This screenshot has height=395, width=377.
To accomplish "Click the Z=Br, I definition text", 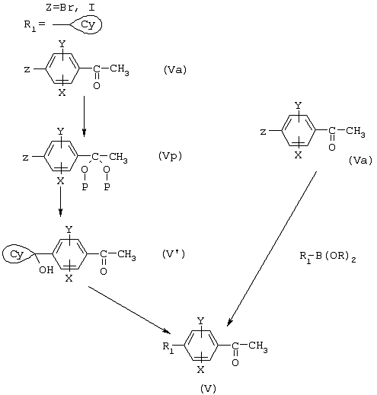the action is (70, 8).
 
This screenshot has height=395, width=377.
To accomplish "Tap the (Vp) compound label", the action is (170, 156).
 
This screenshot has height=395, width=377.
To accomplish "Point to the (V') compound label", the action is (174, 254).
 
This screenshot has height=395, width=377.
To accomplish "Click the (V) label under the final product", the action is (208, 388).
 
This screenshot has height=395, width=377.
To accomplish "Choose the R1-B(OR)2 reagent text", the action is (327, 257).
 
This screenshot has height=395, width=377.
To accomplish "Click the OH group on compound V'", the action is (46, 270).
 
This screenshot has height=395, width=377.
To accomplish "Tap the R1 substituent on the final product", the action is (168, 347).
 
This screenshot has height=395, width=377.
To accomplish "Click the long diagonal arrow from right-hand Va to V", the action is (272, 249).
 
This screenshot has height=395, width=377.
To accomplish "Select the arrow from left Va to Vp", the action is (84, 116).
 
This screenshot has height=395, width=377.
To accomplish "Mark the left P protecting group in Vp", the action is (85, 187).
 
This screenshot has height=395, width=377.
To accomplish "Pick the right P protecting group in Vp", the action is (107, 187).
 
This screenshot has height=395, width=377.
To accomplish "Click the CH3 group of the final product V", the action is (258, 346).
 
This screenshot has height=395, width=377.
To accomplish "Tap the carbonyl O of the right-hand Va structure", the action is (332, 148).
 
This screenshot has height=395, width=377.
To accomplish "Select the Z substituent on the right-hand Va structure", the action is (264, 132).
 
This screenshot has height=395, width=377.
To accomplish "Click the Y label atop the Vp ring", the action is (60, 132).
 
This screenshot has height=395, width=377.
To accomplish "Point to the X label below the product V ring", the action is (200, 370).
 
